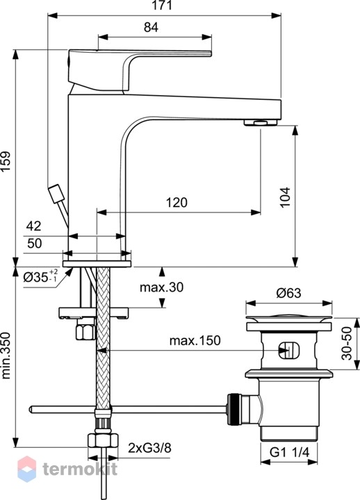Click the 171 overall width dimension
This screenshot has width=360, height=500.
pyautogui.click(x=162, y=6)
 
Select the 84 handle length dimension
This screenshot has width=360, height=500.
pyautogui.click(x=151, y=27)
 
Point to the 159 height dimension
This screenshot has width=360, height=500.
pyautogui.click(x=6, y=161)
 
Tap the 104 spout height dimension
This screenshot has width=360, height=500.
pyautogui.click(x=285, y=197)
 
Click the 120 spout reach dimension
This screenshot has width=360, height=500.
pyautogui.click(x=177, y=202)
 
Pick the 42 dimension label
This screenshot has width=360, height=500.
pyautogui.click(x=34, y=226)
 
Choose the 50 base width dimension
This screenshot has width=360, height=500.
pyautogui.click(x=34, y=243)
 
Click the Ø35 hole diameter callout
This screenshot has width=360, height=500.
pyautogui.click(x=40, y=276)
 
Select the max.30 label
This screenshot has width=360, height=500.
pyautogui.click(x=161, y=287)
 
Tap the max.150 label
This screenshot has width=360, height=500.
pyautogui.click(x=195, y=340)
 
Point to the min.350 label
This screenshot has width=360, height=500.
pyautogui.click(x=6, y=356)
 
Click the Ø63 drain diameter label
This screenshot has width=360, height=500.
pyautogui.click(x=288, y=293)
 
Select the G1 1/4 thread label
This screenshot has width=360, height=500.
pyautogui.click(x=289, y=452)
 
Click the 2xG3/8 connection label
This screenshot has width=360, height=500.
pyautogui.click(x=149, y=448)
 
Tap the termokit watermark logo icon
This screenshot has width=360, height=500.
pyautogui.click(x=27, y=469)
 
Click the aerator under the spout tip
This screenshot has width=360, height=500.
pyautogui.click(x=261, y=122)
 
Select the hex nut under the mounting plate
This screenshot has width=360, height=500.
pyautogui.click(x=85, y=332)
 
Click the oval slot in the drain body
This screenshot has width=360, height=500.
pyautogui.click(x=289, y=351)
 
